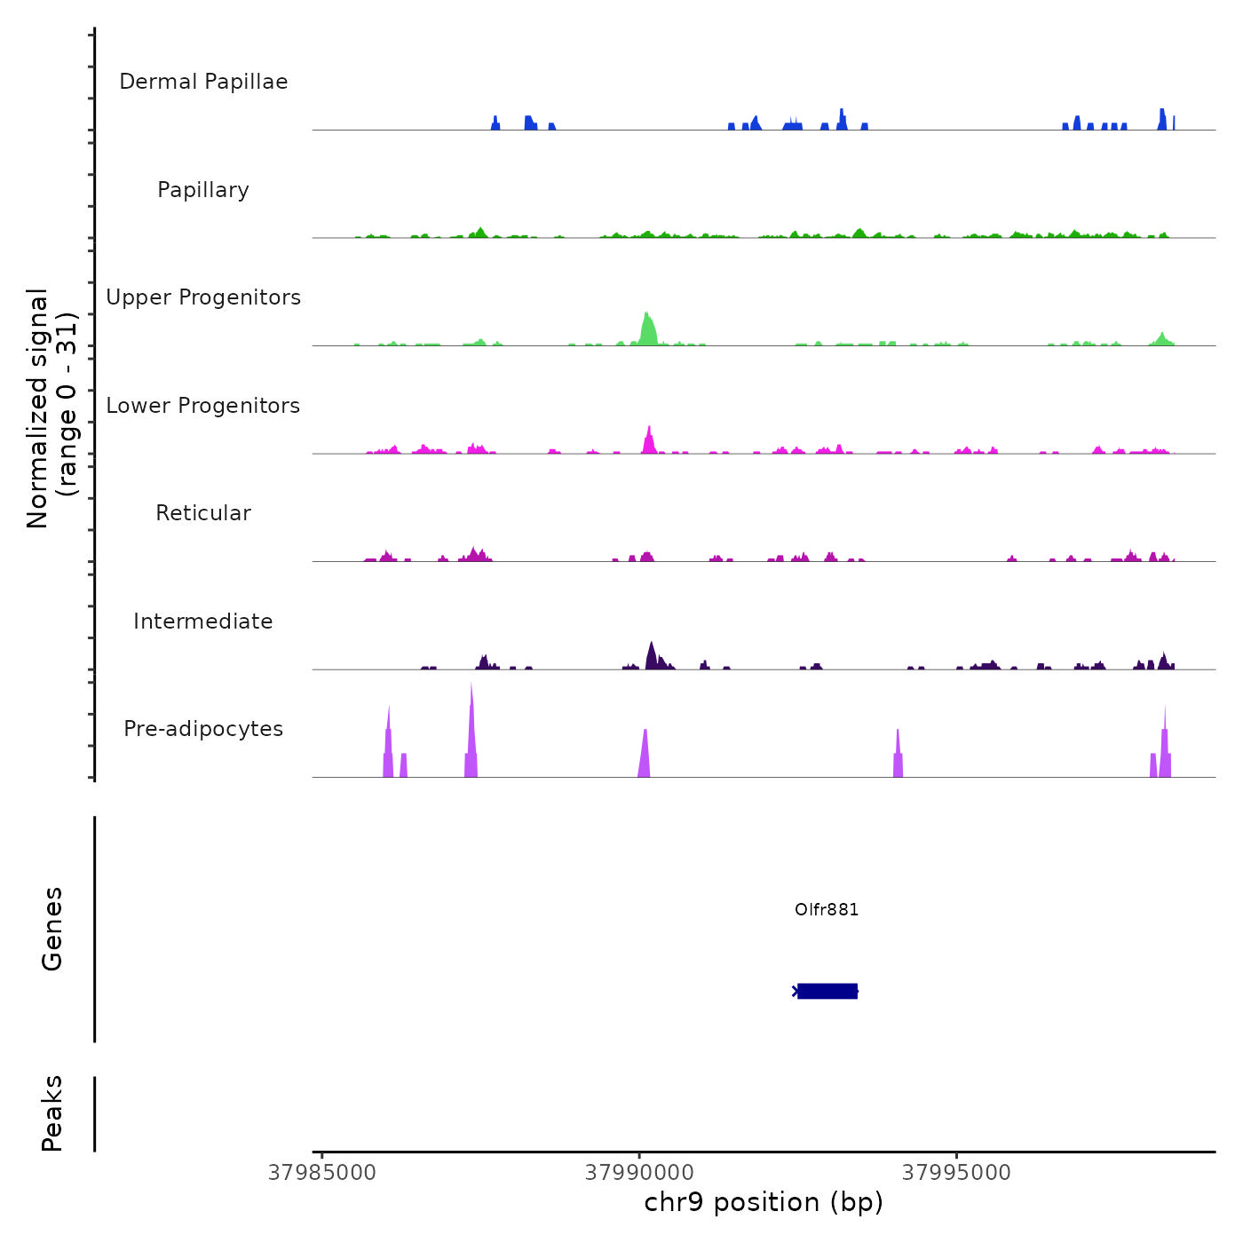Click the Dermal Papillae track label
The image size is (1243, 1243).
(203, 82)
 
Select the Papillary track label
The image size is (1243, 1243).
(203, 190)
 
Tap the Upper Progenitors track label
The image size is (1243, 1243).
(203, 297)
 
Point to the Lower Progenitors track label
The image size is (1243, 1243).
(203, 406)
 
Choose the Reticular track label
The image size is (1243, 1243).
(203, 513)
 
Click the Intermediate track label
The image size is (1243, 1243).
(203, 621)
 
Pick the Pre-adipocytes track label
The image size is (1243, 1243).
(203, 729)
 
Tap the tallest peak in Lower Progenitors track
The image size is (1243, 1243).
(650, 439)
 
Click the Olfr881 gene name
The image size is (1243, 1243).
(827, 909)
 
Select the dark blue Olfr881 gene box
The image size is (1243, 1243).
(827, 991)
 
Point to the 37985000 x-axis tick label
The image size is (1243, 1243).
(321, 1173)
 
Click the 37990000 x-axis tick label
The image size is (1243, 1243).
(639, 1173)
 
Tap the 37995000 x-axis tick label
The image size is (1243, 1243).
(956, 1173)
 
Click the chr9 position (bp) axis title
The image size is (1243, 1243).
(764, 1202)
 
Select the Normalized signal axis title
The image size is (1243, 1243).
(51, 408)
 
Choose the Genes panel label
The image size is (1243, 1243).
(52, 929)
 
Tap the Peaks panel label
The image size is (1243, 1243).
(52, 1113)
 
